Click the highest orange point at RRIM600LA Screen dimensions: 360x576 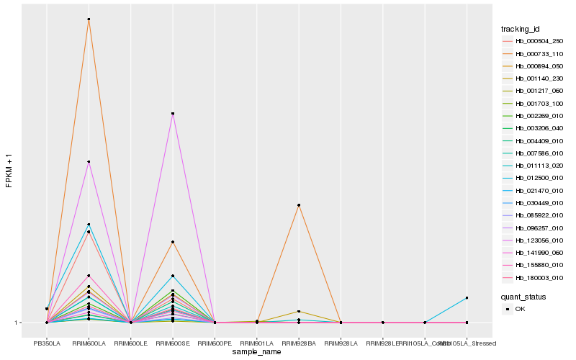(89, 19)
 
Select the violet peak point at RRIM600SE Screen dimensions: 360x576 (173, 114)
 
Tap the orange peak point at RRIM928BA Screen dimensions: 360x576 (299, 205)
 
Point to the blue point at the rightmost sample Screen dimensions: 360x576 (467, 297)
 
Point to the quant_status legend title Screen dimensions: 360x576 (523, 297)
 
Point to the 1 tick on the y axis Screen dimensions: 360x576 (17, 323)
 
